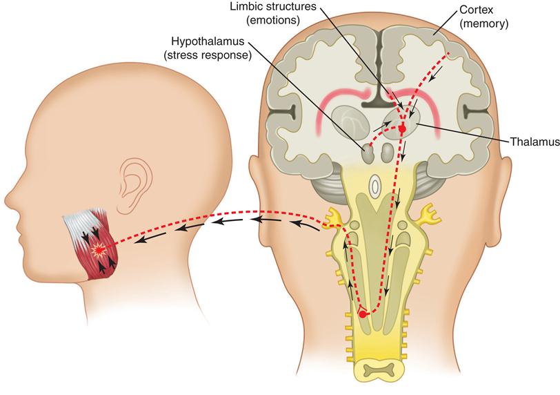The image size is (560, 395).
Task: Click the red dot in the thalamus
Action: (x=402, y=128)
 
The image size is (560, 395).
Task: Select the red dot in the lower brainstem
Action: (x=363, y=314)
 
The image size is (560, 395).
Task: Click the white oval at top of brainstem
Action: (x=375, y=186)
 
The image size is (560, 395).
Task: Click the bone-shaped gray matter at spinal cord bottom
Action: (x=376, y=372)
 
